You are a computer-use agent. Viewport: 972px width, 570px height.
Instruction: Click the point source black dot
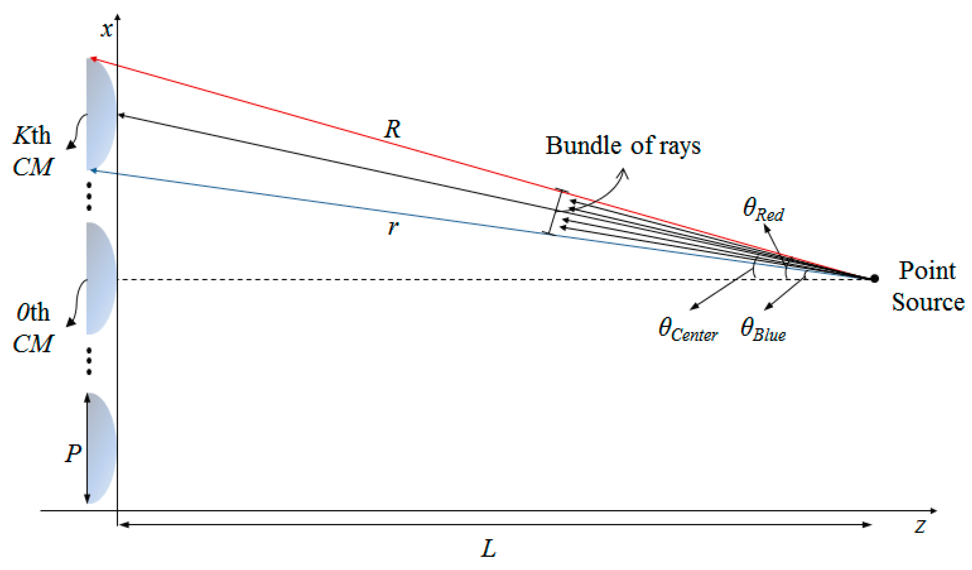(x=874, y=279)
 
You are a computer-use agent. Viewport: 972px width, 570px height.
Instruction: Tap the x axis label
(x=106, y=29)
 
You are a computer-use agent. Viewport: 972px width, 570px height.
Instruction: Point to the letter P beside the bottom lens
(x=73, y=453)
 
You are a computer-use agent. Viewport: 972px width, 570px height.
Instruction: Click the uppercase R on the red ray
(x=393, y=129)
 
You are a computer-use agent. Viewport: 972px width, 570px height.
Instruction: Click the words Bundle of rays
(x=622, y=146)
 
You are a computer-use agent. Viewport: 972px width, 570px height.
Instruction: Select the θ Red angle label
(x=763, y=210)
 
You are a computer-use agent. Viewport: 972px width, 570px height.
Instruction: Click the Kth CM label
(x=32, y=152)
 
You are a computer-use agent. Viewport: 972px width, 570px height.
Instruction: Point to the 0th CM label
(x=32, y=328)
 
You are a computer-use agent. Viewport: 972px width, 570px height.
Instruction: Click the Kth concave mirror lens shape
(x=100, y=114)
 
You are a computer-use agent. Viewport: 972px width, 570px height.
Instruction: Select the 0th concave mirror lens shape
(x=100, y=279)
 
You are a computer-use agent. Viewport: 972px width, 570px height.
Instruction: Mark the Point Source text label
(x=928, y=286)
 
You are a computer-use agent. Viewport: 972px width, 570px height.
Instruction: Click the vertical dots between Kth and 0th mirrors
(x=89, y=197)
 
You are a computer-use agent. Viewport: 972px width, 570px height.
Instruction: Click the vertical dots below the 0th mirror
(x=89, y=361)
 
